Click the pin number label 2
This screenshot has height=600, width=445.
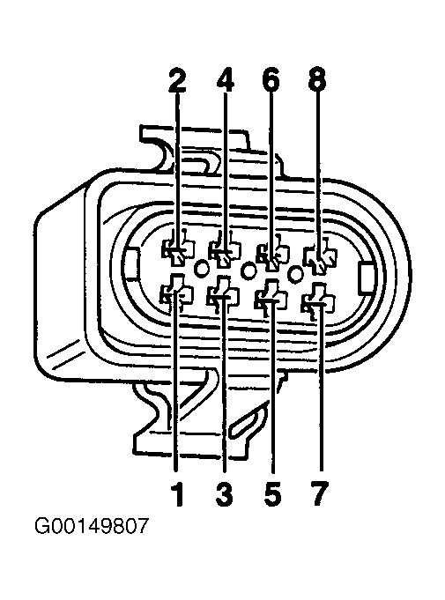(177, 81)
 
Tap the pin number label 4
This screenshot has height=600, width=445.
(226, 81)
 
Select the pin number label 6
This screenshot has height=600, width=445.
(271, 81)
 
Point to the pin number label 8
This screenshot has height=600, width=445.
(317, 81)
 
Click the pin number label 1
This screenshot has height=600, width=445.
(178, 494)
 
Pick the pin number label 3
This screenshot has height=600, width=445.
(224, 494)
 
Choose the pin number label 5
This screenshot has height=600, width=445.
(272, 494)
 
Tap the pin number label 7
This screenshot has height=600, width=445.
(320, 494)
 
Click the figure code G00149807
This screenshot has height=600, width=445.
(91, 526)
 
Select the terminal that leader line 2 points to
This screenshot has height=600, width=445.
(177, 251)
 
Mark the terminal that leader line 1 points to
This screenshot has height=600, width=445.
(176, 293)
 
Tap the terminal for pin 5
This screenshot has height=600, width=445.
(271, 298)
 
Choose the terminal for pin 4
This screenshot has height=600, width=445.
(225, 253)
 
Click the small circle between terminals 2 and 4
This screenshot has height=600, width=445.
(201, 268)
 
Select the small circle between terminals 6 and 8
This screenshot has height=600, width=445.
(295, 273)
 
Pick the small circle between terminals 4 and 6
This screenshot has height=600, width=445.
(248, 270)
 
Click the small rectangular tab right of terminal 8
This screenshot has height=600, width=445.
(366, 278)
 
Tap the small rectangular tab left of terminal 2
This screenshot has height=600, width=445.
(131, 263)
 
